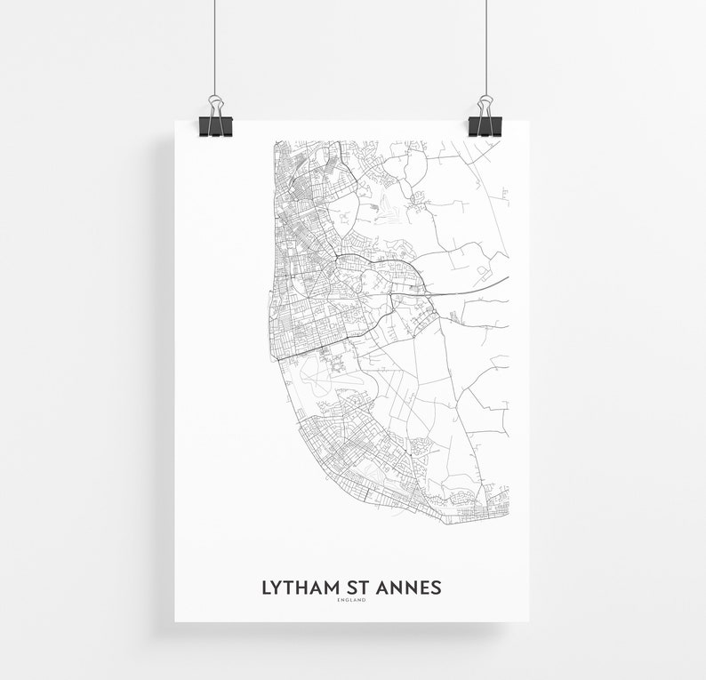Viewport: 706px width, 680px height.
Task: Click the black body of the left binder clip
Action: tap(215, 126)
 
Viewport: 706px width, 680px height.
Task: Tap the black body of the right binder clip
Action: tap(485, 126)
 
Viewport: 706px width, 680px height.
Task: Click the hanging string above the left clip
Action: tap(215, 44)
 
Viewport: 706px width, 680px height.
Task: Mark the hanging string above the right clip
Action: tap(485, 44)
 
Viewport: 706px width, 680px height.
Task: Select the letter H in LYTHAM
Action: tap(300, 588)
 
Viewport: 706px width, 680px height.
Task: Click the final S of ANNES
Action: tap(436, 588)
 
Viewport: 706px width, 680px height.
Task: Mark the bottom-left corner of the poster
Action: tap(175, 620)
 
